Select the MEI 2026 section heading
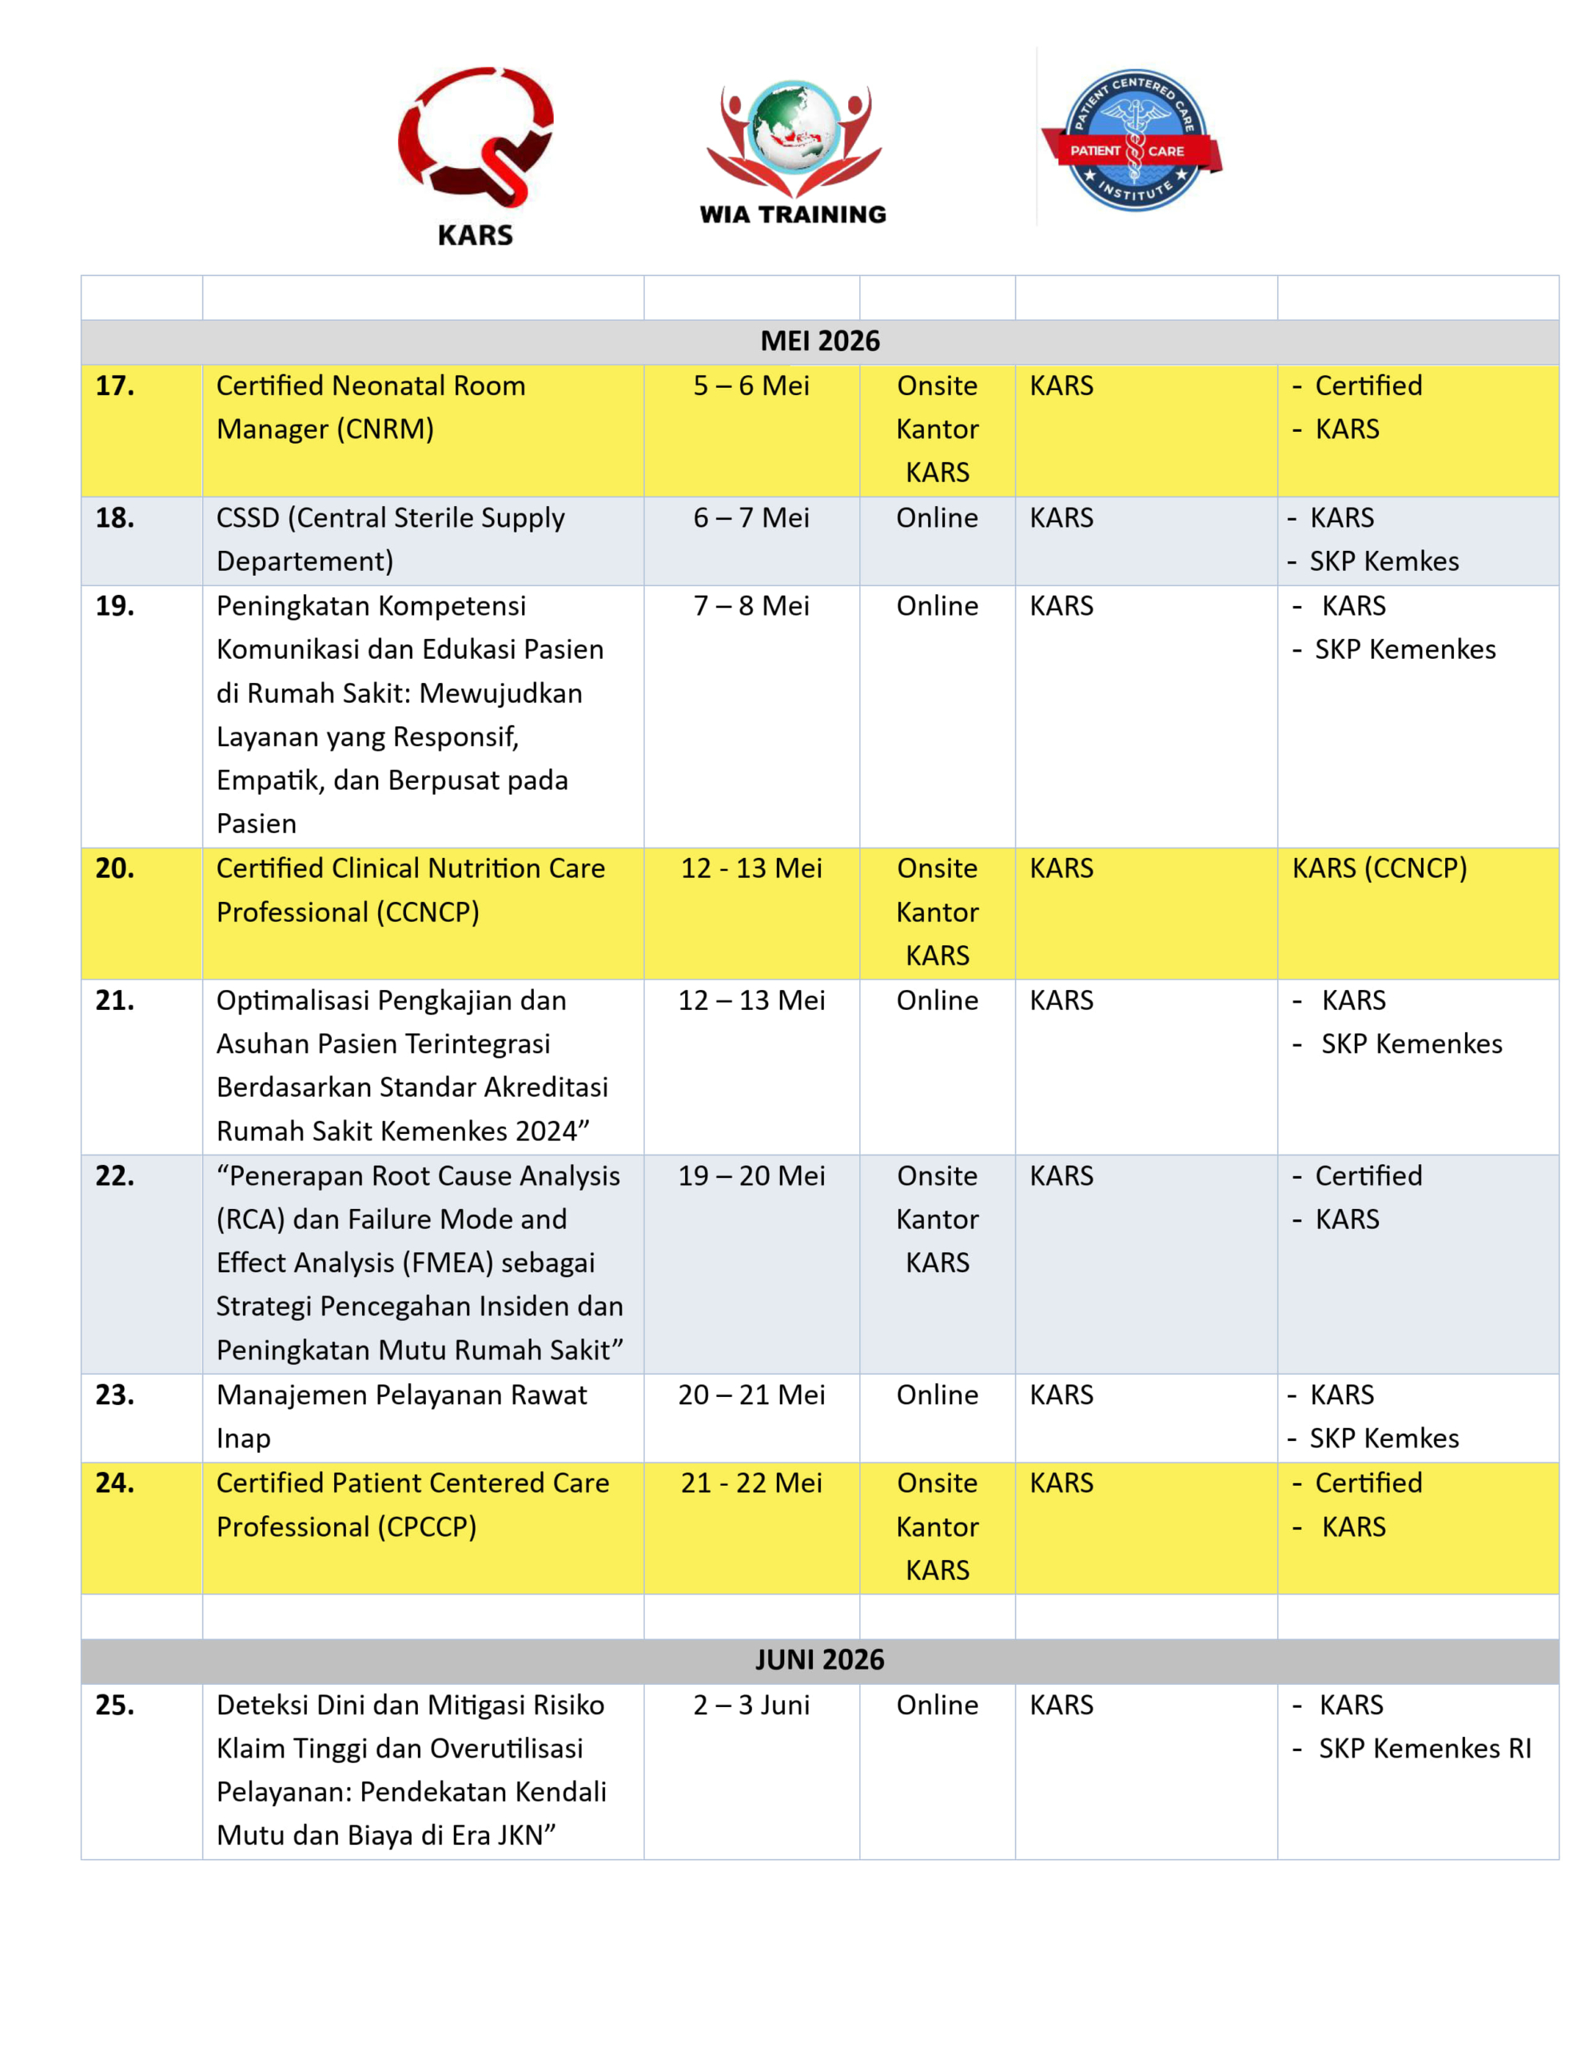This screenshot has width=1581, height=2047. tap(819, 341)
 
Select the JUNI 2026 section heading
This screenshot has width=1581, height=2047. tap(819, 1660)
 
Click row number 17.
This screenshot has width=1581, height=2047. tap(114, 386)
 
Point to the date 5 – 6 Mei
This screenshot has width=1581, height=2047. tap(751, 386)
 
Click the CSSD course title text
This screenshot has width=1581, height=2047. tap(390, 539)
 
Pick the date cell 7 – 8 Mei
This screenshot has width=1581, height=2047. tap(751, 606)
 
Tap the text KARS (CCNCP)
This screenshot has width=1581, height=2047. tap(1379, 869)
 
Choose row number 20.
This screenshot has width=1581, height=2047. tap(114, 869)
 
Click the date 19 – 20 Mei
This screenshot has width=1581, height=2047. tap(751, 1176)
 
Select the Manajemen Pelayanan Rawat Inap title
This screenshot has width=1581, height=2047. tap(401, 1416)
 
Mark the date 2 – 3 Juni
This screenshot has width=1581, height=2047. tap(751, 1705)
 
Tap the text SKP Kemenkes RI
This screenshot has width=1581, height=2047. tap(1424, 1749)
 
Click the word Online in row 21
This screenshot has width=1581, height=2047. tap(936, 1001)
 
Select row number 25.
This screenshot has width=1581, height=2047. tap(114, 1705)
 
